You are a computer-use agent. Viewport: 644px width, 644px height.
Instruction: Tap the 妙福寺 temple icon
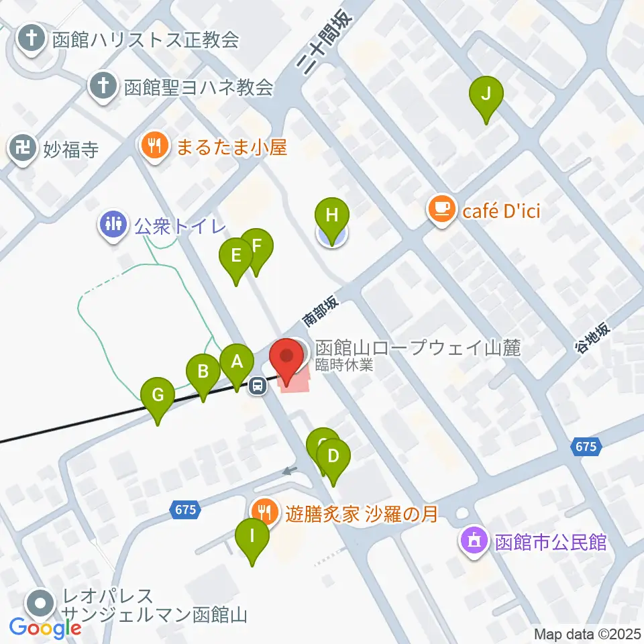point(24,148)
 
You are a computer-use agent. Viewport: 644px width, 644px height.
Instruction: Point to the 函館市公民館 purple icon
point(475,541)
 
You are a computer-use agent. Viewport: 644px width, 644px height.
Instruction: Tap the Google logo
point(46,629)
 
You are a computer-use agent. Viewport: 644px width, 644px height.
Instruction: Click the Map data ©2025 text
point(586,633)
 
